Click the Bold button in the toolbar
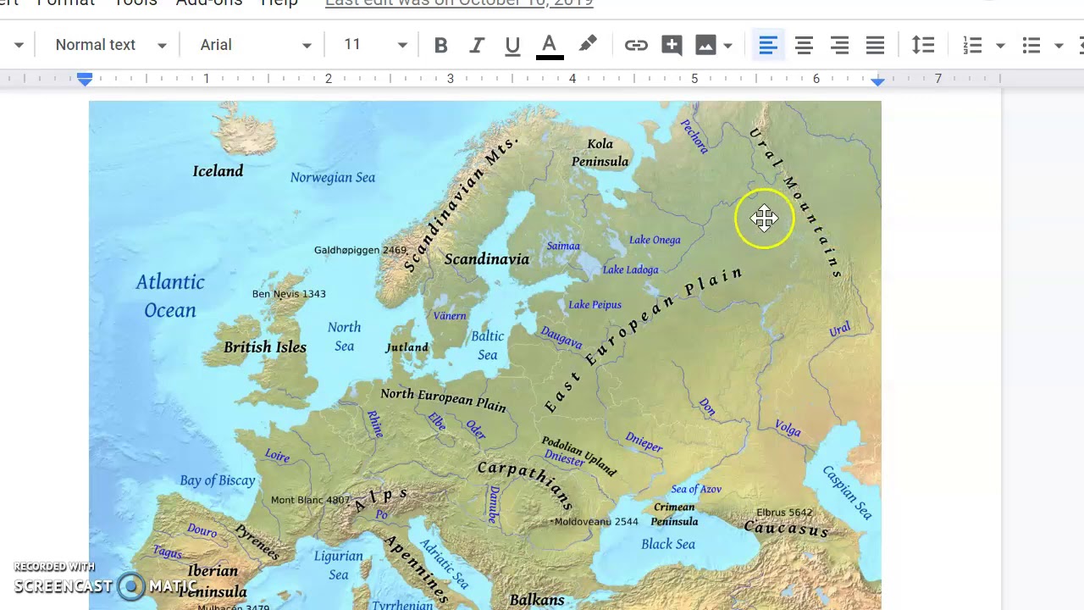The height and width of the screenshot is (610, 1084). (440, 46)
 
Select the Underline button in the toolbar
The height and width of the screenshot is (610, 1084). (512, 46)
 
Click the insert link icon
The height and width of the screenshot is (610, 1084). (636, 46)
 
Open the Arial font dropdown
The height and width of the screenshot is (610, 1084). (255, 45)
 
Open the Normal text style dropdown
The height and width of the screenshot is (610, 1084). (110, 45)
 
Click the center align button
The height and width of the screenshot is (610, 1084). (804, 46)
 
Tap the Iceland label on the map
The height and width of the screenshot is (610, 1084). (218, 171)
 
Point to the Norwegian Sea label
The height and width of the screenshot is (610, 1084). (332, 177)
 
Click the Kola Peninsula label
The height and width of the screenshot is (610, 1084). (600, 152)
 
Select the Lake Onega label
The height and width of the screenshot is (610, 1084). (655, 240)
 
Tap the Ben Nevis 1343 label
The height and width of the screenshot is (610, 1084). (289, 294)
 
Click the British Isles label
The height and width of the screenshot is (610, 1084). (265, 347)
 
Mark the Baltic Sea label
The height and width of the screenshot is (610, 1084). (487, 345)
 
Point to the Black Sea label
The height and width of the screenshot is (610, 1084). (668, 544)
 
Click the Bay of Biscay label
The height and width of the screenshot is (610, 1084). (218, 480)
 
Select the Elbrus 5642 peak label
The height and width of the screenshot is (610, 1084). (784, 513)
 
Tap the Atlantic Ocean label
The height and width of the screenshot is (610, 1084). (170, 296)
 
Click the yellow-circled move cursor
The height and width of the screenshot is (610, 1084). (764, 219)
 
